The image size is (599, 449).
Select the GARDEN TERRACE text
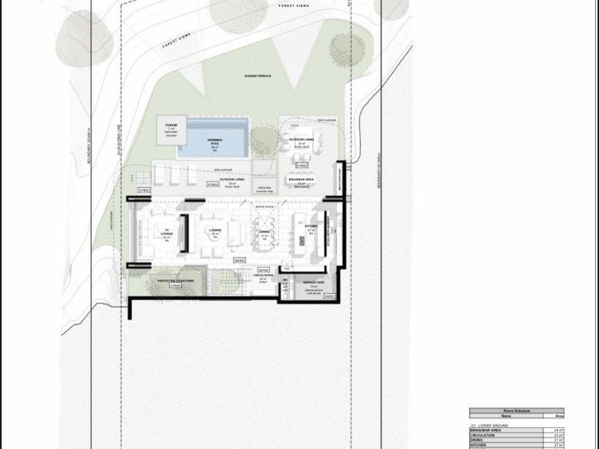point(256,77)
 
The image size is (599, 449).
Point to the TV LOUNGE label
point(167,233)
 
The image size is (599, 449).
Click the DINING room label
point(264,232)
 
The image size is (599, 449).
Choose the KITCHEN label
point(311,226)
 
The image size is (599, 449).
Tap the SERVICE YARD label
point(313,283)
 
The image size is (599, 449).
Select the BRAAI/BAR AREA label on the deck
point(300,180)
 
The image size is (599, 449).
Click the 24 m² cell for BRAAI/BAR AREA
point(558,430)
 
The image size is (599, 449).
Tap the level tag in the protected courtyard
point(176,286)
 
